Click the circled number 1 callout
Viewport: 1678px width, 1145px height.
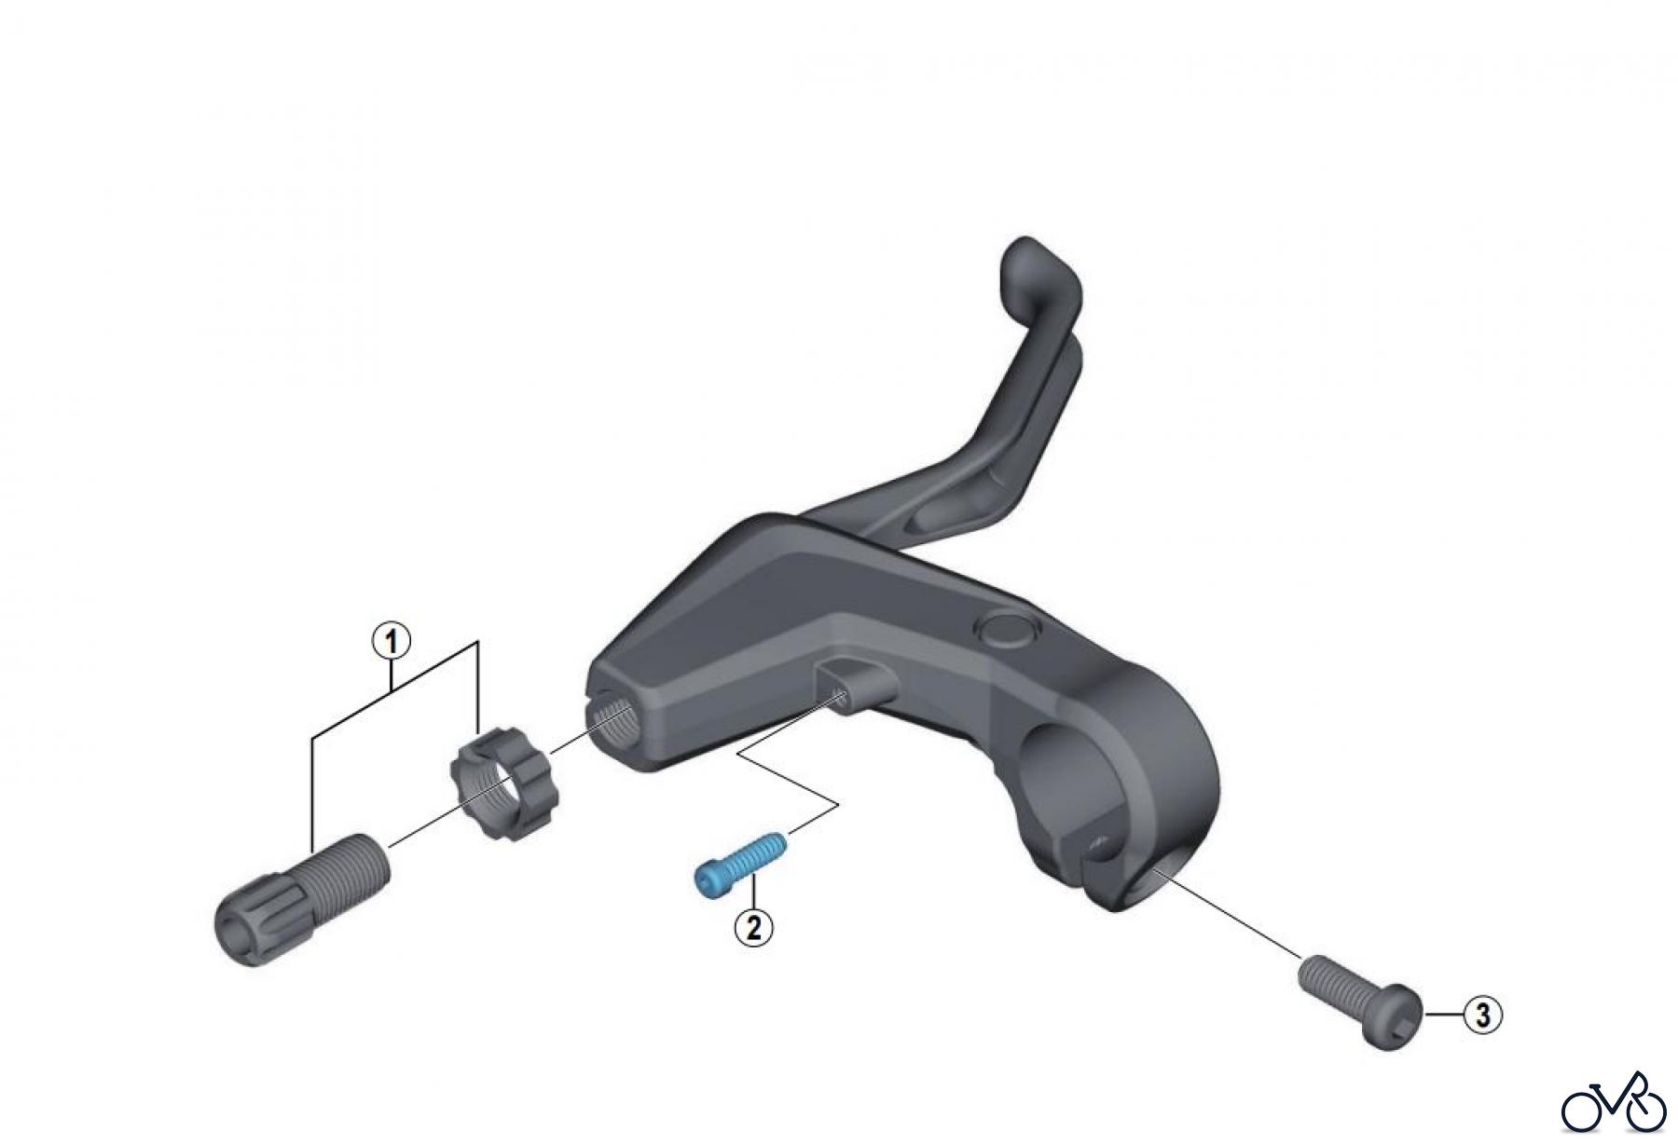(392, 642)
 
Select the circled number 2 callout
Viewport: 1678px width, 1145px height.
(753, 926)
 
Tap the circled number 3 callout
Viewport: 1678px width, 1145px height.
(1482, 1015)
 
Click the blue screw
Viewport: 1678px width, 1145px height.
(742, 864)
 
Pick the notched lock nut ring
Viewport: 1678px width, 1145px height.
(501, 771)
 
